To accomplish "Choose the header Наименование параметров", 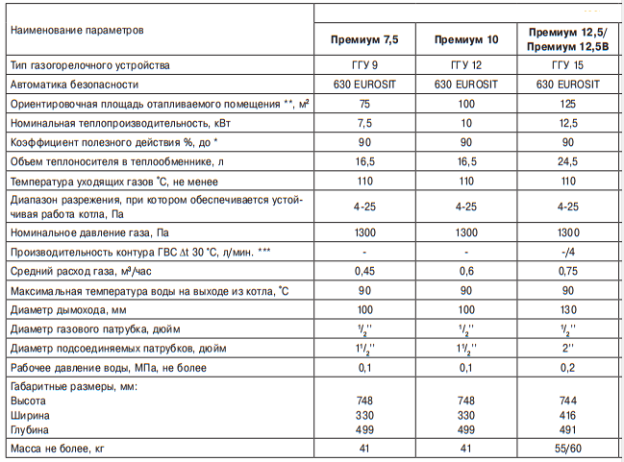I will click(x=76, y=30).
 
